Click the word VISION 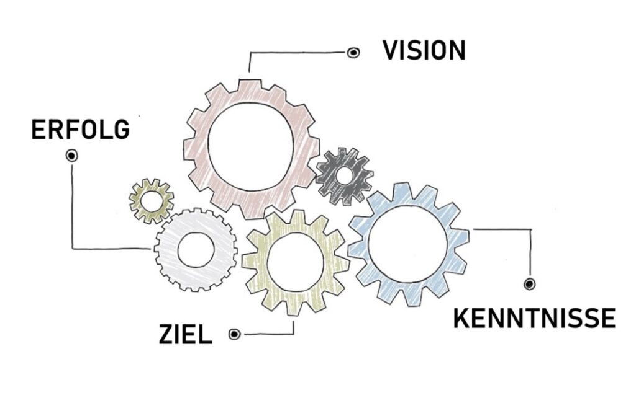click(x=424, y=51)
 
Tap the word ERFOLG click(x=81, y=130)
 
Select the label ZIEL click(x=185, y=335)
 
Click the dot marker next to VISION click(x=353, y=53)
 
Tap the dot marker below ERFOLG click(x=71, y=155)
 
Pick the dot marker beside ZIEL click(x=234, y=335)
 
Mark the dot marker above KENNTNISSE click(x=529, y=284)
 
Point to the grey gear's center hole click(x=196, y=250)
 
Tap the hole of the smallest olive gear click(x=151, y=200)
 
